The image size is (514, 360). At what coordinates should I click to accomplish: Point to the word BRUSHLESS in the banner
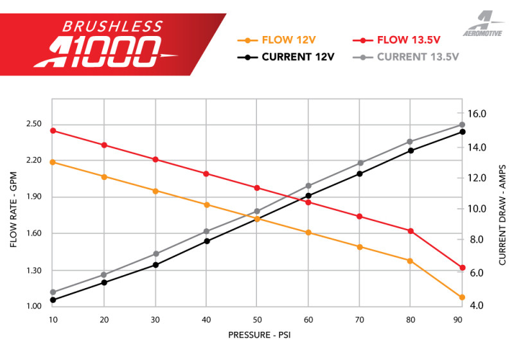[112, 26]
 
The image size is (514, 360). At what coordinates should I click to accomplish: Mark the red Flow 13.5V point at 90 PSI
[462, 267]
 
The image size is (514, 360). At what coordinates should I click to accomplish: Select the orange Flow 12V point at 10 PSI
[53, 162]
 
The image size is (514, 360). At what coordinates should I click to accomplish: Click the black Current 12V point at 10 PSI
[53, 300]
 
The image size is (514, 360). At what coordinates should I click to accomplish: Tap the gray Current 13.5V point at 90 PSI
[462, 125]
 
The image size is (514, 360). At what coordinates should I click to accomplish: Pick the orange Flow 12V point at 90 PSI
[462, 297]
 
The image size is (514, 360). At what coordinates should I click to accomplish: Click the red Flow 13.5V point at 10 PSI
[53, 130]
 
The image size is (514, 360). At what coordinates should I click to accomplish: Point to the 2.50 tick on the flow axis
[34, 124]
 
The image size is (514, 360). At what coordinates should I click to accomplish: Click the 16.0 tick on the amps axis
[479, 114]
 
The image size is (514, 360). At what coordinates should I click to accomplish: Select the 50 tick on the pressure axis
[257, 319]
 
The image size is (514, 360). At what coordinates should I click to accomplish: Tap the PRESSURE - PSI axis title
[257, 335]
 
